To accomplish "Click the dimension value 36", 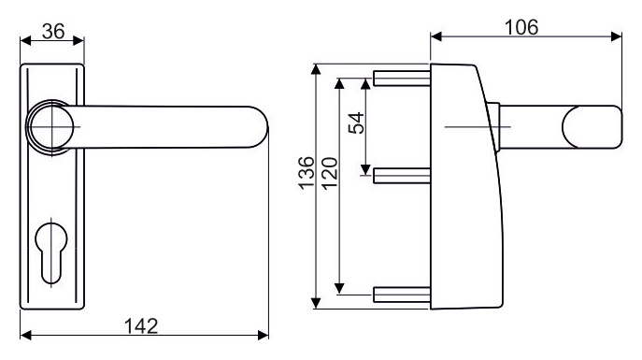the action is click(x=53, y=31).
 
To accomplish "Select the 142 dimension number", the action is click(x=141, y=326).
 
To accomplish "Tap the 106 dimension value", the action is click(x=521, y=27).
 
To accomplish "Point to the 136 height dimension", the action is click(x=307, y=173).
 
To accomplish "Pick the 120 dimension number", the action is click(x=330, y=173).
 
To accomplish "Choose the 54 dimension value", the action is click(x=356, y=122).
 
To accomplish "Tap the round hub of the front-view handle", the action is click(x=50, y=127).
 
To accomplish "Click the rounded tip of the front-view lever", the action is click(x=259, y=127).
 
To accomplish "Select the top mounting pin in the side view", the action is click(x=401, y=79).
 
